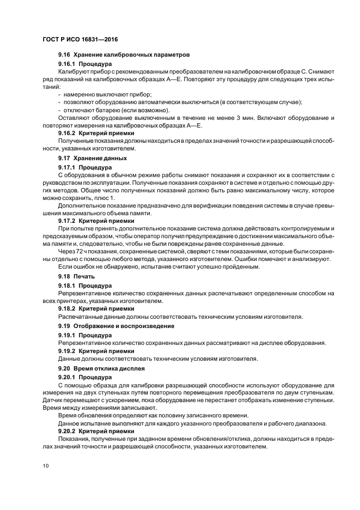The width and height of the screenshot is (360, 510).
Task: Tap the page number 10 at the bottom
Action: coord(46,466)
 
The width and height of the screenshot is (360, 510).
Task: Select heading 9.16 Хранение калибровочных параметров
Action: coord(124,56)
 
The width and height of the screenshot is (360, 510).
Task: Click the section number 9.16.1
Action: coord(67,64)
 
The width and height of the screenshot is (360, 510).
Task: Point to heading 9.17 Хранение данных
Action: coord(92,158)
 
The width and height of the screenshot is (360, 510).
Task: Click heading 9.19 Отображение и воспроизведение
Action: coord(116,326)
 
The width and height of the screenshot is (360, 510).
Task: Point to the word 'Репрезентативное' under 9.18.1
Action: coord(83,293)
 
